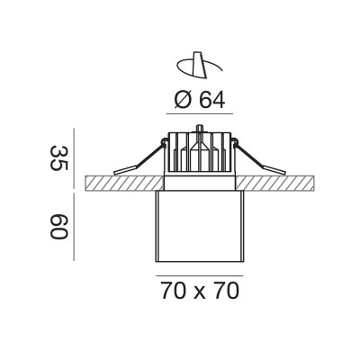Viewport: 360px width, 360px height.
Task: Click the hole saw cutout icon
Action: (x=199, y=65)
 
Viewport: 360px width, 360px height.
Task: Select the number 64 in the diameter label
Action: (x=212, y=100)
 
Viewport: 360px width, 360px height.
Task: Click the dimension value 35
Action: (x=59, y=158)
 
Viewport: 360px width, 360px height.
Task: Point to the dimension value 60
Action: (x=59, y=227)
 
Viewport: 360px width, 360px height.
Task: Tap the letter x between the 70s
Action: (x=200, y=293)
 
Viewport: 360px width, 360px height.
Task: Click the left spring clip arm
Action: (x=139, y=157)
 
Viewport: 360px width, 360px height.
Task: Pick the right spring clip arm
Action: (x=260, y=157)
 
